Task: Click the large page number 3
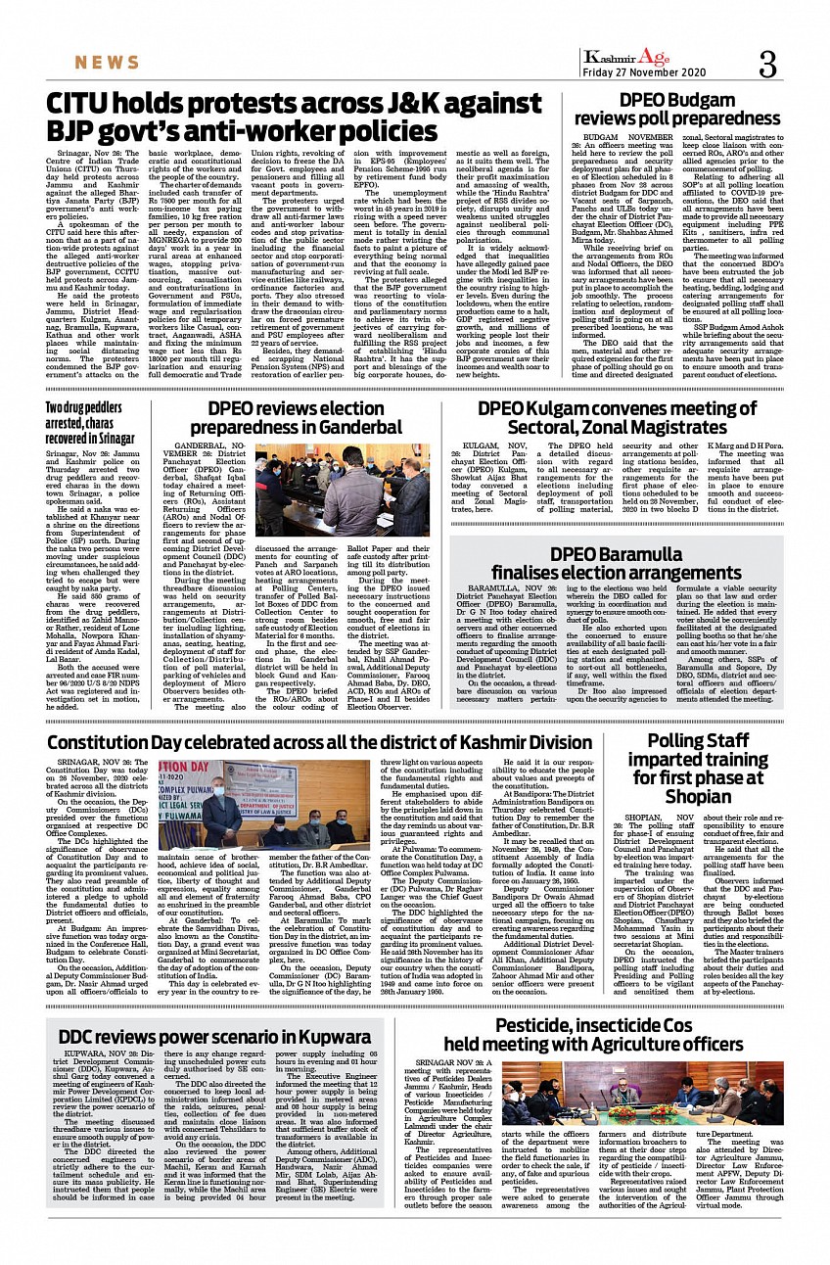766,65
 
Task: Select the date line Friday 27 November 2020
643,73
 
